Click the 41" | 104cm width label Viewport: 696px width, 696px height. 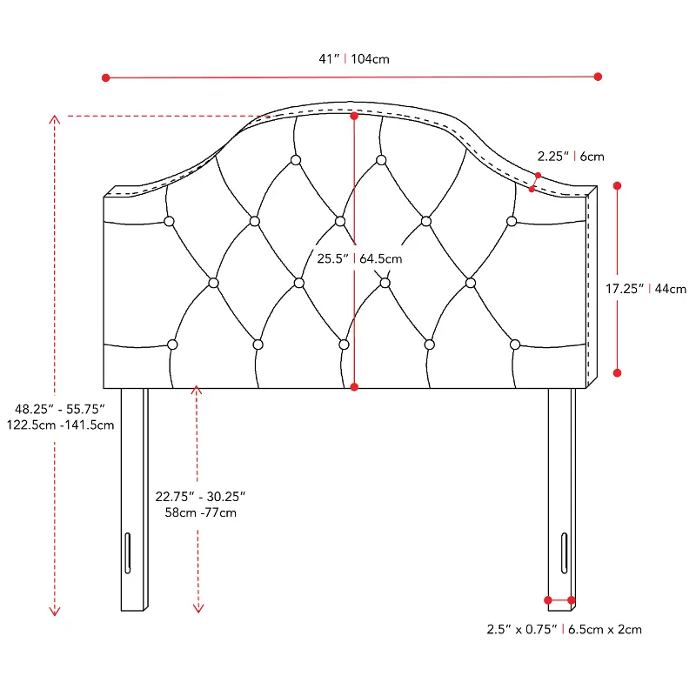[x=354, y=58]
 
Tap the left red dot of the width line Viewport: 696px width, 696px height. [x=105, y=77]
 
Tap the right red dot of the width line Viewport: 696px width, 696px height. [x=598, y=77]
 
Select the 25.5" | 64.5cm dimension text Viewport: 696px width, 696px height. [x=359, y=258]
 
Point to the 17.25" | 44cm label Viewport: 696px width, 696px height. [x=646, y=289]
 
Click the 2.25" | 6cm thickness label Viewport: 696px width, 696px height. [x=571, y=157]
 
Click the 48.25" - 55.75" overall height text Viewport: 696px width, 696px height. [x=60, y=409]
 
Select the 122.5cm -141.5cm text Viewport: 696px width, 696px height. [x=60, y=425]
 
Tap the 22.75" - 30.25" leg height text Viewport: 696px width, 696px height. [x=200, y=496]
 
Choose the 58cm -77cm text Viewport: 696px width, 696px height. [x=201, y=512]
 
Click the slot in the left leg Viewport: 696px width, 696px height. [x=128, y=553]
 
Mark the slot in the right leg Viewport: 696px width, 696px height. [x=564, y=553]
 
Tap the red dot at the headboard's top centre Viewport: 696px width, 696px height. [x=354, y=116]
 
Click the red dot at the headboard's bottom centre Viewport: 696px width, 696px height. [x=354, y=387]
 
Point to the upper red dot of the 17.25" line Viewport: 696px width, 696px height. [x=617, y=185]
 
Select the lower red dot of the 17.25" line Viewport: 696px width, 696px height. [x=617, y=373]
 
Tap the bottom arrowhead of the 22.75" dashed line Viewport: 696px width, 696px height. [x=198, y=608]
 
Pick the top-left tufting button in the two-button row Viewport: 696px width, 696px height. [x=296, y=160]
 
